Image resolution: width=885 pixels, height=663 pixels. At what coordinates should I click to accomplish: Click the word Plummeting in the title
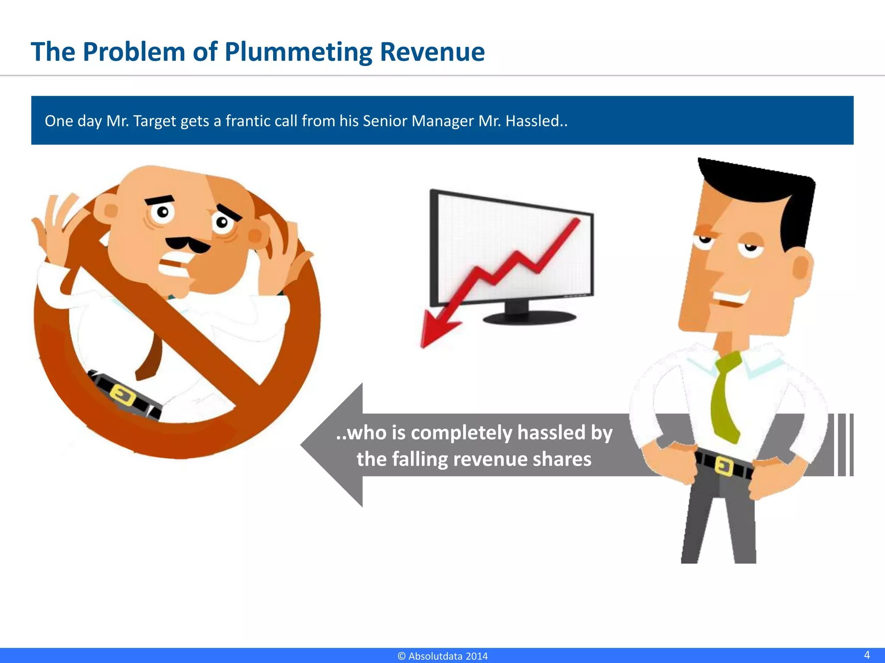tap(298, 53)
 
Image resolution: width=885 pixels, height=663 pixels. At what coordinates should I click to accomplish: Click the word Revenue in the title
tap(432, 52)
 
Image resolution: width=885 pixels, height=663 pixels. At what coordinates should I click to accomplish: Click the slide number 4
tap(866, 654)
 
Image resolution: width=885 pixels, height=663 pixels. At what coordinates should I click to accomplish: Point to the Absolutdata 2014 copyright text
tap(442, 656)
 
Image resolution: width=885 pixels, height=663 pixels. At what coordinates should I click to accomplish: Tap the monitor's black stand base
tap(529, 318)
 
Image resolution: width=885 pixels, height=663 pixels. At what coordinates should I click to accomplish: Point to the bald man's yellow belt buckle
tap(123, 395)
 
